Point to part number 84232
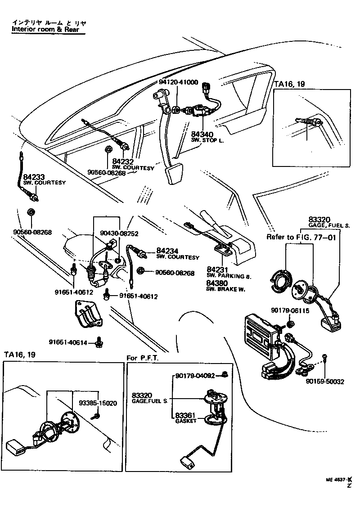point(122,162)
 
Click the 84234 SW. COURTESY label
point(177,253)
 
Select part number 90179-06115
point(290,310)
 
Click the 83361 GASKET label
point(186,418)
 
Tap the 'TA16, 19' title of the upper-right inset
point(290,84)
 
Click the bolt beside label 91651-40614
point(98,344)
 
